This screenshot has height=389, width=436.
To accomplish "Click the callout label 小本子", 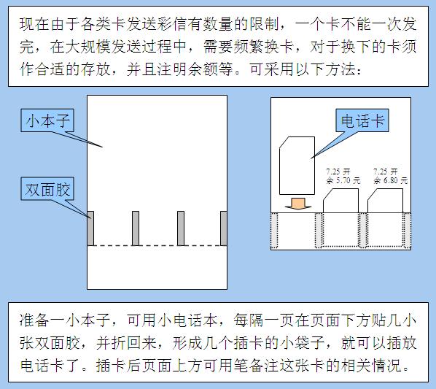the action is click(47, 120).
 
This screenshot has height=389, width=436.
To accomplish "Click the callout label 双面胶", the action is click(47, 188).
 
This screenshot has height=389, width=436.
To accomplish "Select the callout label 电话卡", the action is click(362, 120).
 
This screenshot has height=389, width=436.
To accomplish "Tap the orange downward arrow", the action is click(298, 204).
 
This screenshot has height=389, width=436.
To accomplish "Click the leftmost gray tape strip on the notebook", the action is click(90, 228).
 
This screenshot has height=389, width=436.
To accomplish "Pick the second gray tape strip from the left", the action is click(136, 228).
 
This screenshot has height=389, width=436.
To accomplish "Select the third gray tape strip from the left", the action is click(181, 228).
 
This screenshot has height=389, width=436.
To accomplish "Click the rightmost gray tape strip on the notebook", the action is click(224, 228).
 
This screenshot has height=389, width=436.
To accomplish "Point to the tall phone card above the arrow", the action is click(297, 166).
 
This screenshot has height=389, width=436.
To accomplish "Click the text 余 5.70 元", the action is click(343, 181).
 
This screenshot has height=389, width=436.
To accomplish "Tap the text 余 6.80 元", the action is click(390, 181).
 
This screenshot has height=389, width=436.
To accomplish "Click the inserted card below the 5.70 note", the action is click(340, 201).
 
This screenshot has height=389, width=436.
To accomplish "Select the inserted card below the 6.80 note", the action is click(385, 201).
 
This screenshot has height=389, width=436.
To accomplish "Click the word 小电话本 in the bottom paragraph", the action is click(187, 320).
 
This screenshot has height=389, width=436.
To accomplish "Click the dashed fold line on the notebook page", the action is click(157, 246).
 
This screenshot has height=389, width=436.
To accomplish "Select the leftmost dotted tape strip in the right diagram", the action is click(274, 231).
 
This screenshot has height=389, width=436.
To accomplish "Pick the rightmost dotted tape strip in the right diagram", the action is click(407, 231).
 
